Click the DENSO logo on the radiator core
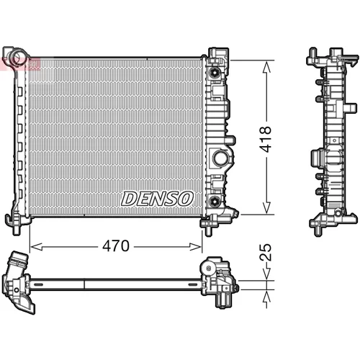tap(157, 199)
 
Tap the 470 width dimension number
tap(116, 246)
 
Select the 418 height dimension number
tap(266, 139)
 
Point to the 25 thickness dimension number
tap(266, 252)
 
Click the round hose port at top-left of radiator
tap(19, 57)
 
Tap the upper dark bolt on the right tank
tap(214, 72)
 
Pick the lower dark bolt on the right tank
tap(214, 200)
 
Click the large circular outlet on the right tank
tap(220, 158)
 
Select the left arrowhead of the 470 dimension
tap(37, 246)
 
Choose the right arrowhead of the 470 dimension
tap(195, 246)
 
